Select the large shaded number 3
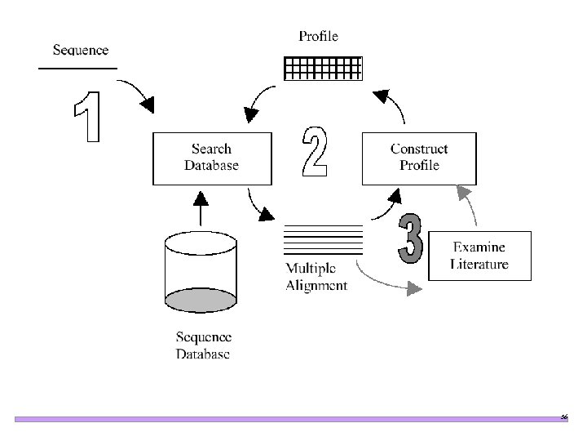(411, 239)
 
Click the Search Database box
(211, 158)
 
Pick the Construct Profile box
(418, 158)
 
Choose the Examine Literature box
(479, 255)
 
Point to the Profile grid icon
(322, 68)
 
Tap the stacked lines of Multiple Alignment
(322, 240)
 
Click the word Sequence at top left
(80, 51)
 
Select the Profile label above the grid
(318, 36)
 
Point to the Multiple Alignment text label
(316, 278)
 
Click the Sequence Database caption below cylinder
(203, 345)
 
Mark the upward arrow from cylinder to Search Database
(200, 208)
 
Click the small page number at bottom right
(563, 416)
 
